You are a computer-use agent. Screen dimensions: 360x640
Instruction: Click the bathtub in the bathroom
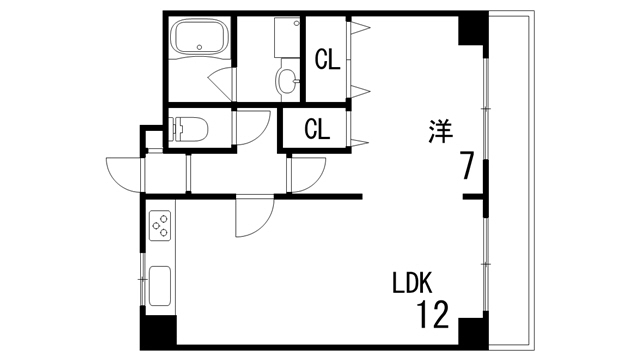(x=199, y=40)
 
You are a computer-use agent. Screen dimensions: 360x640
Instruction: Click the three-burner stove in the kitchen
(x=161, y=228)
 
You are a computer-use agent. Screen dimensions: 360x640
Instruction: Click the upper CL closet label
(x=328, y=60)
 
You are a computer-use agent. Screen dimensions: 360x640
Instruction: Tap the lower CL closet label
(x=316, y=129)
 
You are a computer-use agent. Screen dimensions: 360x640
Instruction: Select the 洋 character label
(x=440, y=130)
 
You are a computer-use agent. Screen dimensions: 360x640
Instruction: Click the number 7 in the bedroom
(x=467, y=165)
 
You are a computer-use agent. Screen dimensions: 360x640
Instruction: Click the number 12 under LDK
(x=434, y=317)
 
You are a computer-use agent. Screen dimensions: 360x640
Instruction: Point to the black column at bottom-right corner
(x=472, y=333)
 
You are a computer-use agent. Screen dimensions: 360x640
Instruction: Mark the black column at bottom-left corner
(x=157, y=332)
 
